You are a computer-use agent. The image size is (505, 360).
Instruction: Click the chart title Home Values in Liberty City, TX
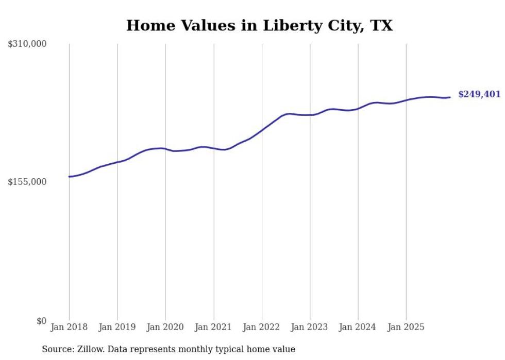(x=259, y=25)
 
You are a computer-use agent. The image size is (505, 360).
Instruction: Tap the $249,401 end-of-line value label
(x=479, y=94)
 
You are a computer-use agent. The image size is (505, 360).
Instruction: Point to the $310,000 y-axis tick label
(x=27, y=44)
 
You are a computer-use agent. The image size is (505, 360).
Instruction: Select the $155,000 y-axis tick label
(x=27, y=182)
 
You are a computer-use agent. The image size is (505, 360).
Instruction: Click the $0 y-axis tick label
(x=41, y=321)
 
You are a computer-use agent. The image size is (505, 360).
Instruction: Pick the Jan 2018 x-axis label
(x=69, y=327)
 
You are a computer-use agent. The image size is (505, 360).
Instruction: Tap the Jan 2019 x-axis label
(x=117, y=327)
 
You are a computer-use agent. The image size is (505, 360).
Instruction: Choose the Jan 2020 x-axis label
(x=165, y=327)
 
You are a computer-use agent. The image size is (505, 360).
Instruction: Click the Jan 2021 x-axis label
(x=214, y=327)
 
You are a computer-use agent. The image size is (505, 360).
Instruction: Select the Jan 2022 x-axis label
(x=262, y=327)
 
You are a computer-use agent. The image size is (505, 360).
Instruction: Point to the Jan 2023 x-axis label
(x=310, y=327)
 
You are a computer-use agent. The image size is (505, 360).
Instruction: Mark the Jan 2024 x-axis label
(x=358, y=327)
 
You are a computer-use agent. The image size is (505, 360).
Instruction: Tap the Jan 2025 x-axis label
(x=407, y=327)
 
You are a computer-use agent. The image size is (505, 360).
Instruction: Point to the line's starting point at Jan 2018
(x=69, y=177)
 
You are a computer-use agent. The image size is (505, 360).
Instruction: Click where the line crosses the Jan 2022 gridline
(x=262, y=130)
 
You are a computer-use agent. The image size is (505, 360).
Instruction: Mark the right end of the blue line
(x=450, y=97)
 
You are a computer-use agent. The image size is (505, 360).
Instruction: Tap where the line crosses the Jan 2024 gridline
(x=358, y=109)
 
